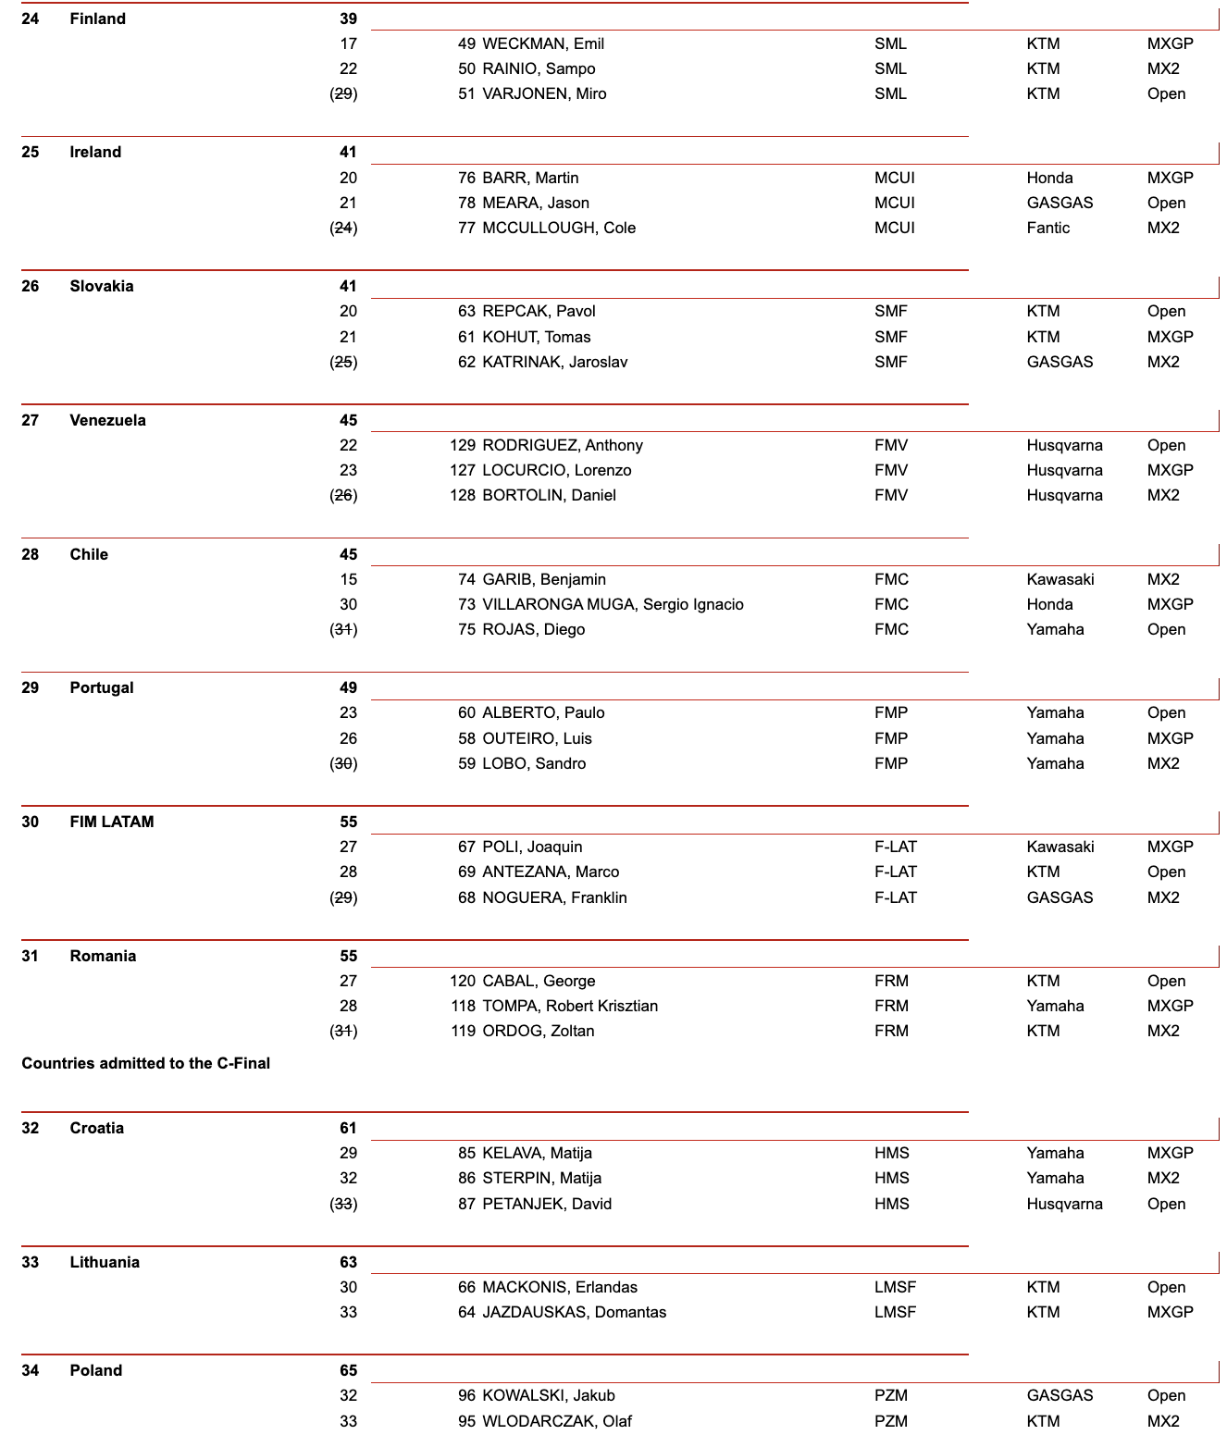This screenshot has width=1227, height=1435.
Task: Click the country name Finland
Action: (97, 19)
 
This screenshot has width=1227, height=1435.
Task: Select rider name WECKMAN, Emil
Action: (543, 43)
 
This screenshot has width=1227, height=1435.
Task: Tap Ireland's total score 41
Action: (348, 152)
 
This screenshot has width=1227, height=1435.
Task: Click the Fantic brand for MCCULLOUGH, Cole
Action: (1047, 228)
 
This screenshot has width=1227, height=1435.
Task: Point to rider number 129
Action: (463, 445)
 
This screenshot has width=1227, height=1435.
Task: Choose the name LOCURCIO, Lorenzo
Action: (557, 470)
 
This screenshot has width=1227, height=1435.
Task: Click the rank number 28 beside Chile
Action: (31, 554)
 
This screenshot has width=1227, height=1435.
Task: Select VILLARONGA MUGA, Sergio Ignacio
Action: (613, 604)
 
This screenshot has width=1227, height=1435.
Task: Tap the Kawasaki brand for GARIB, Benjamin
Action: (1060, 579)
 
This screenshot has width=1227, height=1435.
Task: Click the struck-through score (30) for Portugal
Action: (344, 763)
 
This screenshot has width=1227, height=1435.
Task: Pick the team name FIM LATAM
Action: (112, 822)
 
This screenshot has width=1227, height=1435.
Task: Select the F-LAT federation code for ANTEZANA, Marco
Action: (895, 872)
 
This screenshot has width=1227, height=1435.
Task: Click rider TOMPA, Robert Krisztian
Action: (570, 1006)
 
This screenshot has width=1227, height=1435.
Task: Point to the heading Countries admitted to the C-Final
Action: (146, 1063)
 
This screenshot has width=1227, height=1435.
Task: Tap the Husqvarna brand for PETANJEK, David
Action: (1064, 1204)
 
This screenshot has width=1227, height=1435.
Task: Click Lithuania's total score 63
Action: (348, 1262)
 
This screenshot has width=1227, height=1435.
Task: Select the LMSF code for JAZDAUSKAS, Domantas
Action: (895, 1312)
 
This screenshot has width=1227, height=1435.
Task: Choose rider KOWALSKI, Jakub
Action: (549, 1395)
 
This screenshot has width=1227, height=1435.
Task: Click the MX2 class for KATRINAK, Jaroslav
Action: (1163, 362)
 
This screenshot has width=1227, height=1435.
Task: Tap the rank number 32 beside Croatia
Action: (31, 1128)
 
